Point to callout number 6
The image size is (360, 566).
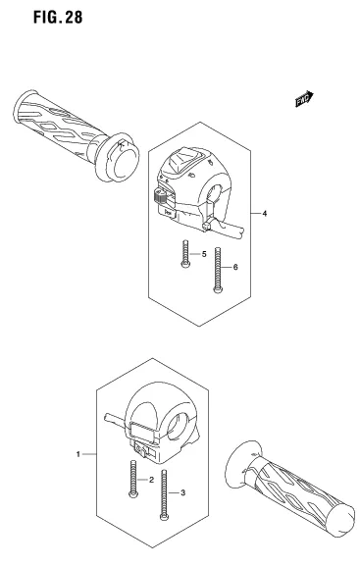click(x=234, y=268)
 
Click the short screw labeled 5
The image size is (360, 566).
click(x=183, y=254)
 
